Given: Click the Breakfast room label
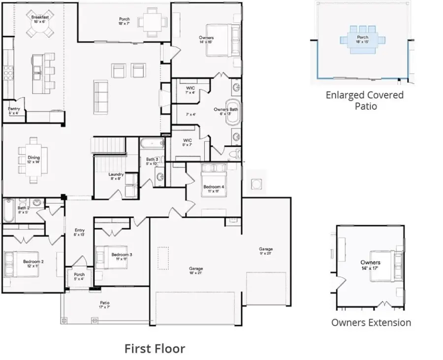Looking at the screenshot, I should click(39, 19).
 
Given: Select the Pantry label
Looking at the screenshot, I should click(13, 111).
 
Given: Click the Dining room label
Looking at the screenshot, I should click(33, 160).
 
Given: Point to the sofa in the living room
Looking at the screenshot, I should click(101, 97).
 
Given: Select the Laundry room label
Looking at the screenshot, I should click(116, 176).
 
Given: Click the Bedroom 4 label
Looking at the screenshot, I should click(214, 189).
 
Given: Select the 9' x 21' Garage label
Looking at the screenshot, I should click(266, 252).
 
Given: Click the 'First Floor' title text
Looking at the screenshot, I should click(155, 349).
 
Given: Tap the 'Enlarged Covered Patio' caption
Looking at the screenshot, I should click(364, 100).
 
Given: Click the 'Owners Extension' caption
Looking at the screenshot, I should click(371, 323).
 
